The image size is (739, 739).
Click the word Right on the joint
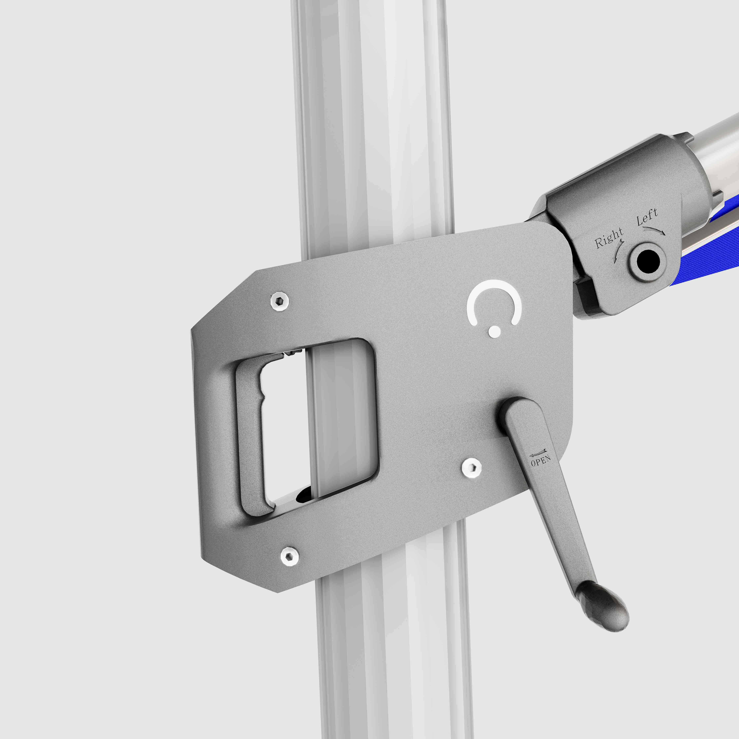point(609,238)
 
